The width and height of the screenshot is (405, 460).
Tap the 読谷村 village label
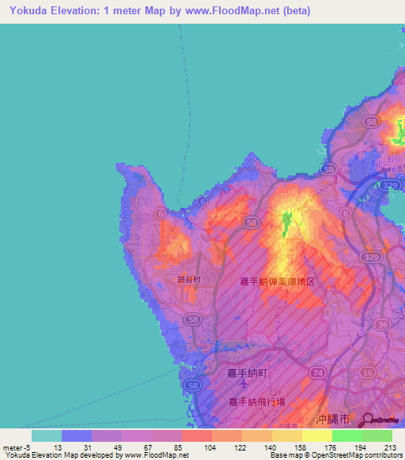click(189, 280)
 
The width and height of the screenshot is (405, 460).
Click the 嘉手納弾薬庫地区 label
click(277, 281)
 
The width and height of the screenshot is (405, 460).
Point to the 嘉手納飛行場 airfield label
click(253, 402)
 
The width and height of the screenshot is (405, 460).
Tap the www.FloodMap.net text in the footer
click(156, 455)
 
